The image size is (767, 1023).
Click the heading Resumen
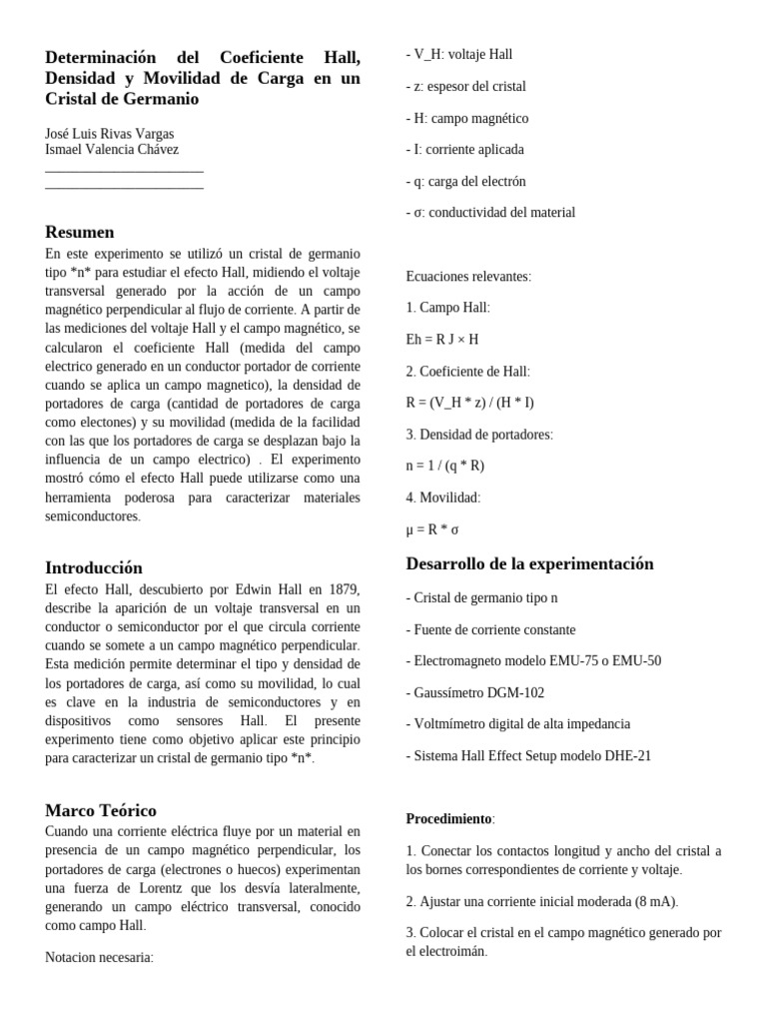click(80, 233)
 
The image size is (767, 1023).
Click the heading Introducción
click(94, 567)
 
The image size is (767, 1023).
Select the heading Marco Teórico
click(101, 810)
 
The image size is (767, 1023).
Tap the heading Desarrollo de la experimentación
click(529, 563)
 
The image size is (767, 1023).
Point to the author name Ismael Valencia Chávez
click(112, 150)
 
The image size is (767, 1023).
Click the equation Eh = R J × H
click(442, 340)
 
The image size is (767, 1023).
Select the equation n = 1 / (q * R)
click(445, 466)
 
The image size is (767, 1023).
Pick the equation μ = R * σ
click(432, 529)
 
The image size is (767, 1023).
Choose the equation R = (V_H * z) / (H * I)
click(470, 403)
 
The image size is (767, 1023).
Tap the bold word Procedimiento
click(448, 819)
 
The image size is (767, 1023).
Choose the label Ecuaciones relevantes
click(468, 277)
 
